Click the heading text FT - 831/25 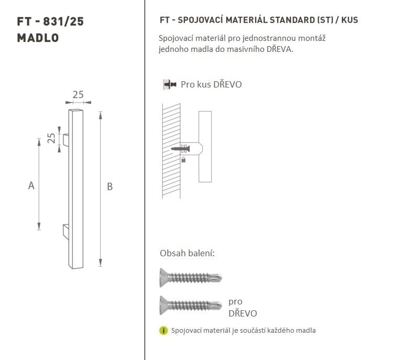click(50, 21)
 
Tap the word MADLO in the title click(38, 38)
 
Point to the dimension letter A click(31, 185)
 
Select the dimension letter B click(109, 186)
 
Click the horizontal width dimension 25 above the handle click(78, 95)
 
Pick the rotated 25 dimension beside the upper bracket click(51, 138)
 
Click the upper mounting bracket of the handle click(66, 140)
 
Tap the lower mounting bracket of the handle click(66, 232)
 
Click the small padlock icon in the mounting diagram click(183, 160)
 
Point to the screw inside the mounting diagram click(180, 149)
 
